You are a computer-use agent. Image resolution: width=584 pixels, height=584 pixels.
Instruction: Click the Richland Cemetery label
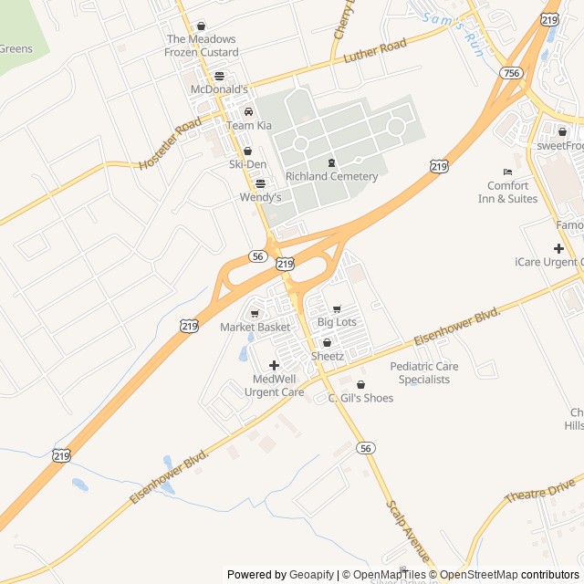[331, 176]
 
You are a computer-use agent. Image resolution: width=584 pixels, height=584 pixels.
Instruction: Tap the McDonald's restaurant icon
[219, 76]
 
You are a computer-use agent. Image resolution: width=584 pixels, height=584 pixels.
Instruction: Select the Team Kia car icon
[248, 112]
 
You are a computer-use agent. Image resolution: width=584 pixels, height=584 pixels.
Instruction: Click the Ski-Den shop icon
[247, 151]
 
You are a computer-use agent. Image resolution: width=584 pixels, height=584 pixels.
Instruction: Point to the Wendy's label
[260, 196]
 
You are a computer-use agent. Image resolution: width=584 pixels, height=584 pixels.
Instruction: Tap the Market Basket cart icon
[255, 314]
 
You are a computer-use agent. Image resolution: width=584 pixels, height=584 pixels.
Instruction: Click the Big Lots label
[336, 322]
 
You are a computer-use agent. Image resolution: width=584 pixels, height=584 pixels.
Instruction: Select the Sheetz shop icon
[327, 342]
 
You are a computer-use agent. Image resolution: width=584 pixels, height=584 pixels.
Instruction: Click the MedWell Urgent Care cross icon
[274, 365]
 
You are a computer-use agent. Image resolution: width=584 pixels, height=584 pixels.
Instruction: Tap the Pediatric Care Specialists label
[424, 372]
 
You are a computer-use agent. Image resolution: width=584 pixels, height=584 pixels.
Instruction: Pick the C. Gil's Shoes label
[360, 398]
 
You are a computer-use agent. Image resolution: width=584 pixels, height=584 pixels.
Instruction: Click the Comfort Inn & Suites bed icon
[507, 172]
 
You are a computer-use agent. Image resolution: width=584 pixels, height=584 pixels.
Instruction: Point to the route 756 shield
[511, 72]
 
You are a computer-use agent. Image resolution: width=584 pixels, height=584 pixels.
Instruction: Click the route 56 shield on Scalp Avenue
[366, 448]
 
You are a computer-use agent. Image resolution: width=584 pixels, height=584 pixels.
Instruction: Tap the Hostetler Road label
[170, 144]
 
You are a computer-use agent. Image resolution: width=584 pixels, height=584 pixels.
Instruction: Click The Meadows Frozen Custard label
[201, 46]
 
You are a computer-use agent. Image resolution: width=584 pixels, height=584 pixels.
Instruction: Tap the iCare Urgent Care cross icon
[558, 248]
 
